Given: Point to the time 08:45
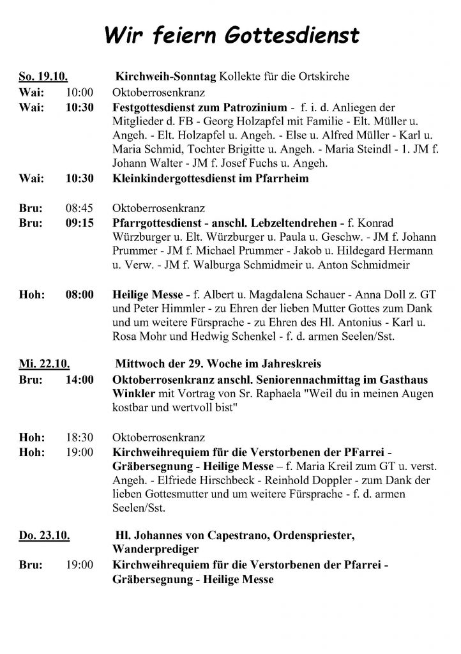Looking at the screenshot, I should [80, 208].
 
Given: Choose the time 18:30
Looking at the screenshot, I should [80, 438].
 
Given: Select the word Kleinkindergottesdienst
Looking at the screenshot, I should [177, 179].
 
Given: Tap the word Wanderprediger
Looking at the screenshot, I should [156, 548].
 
